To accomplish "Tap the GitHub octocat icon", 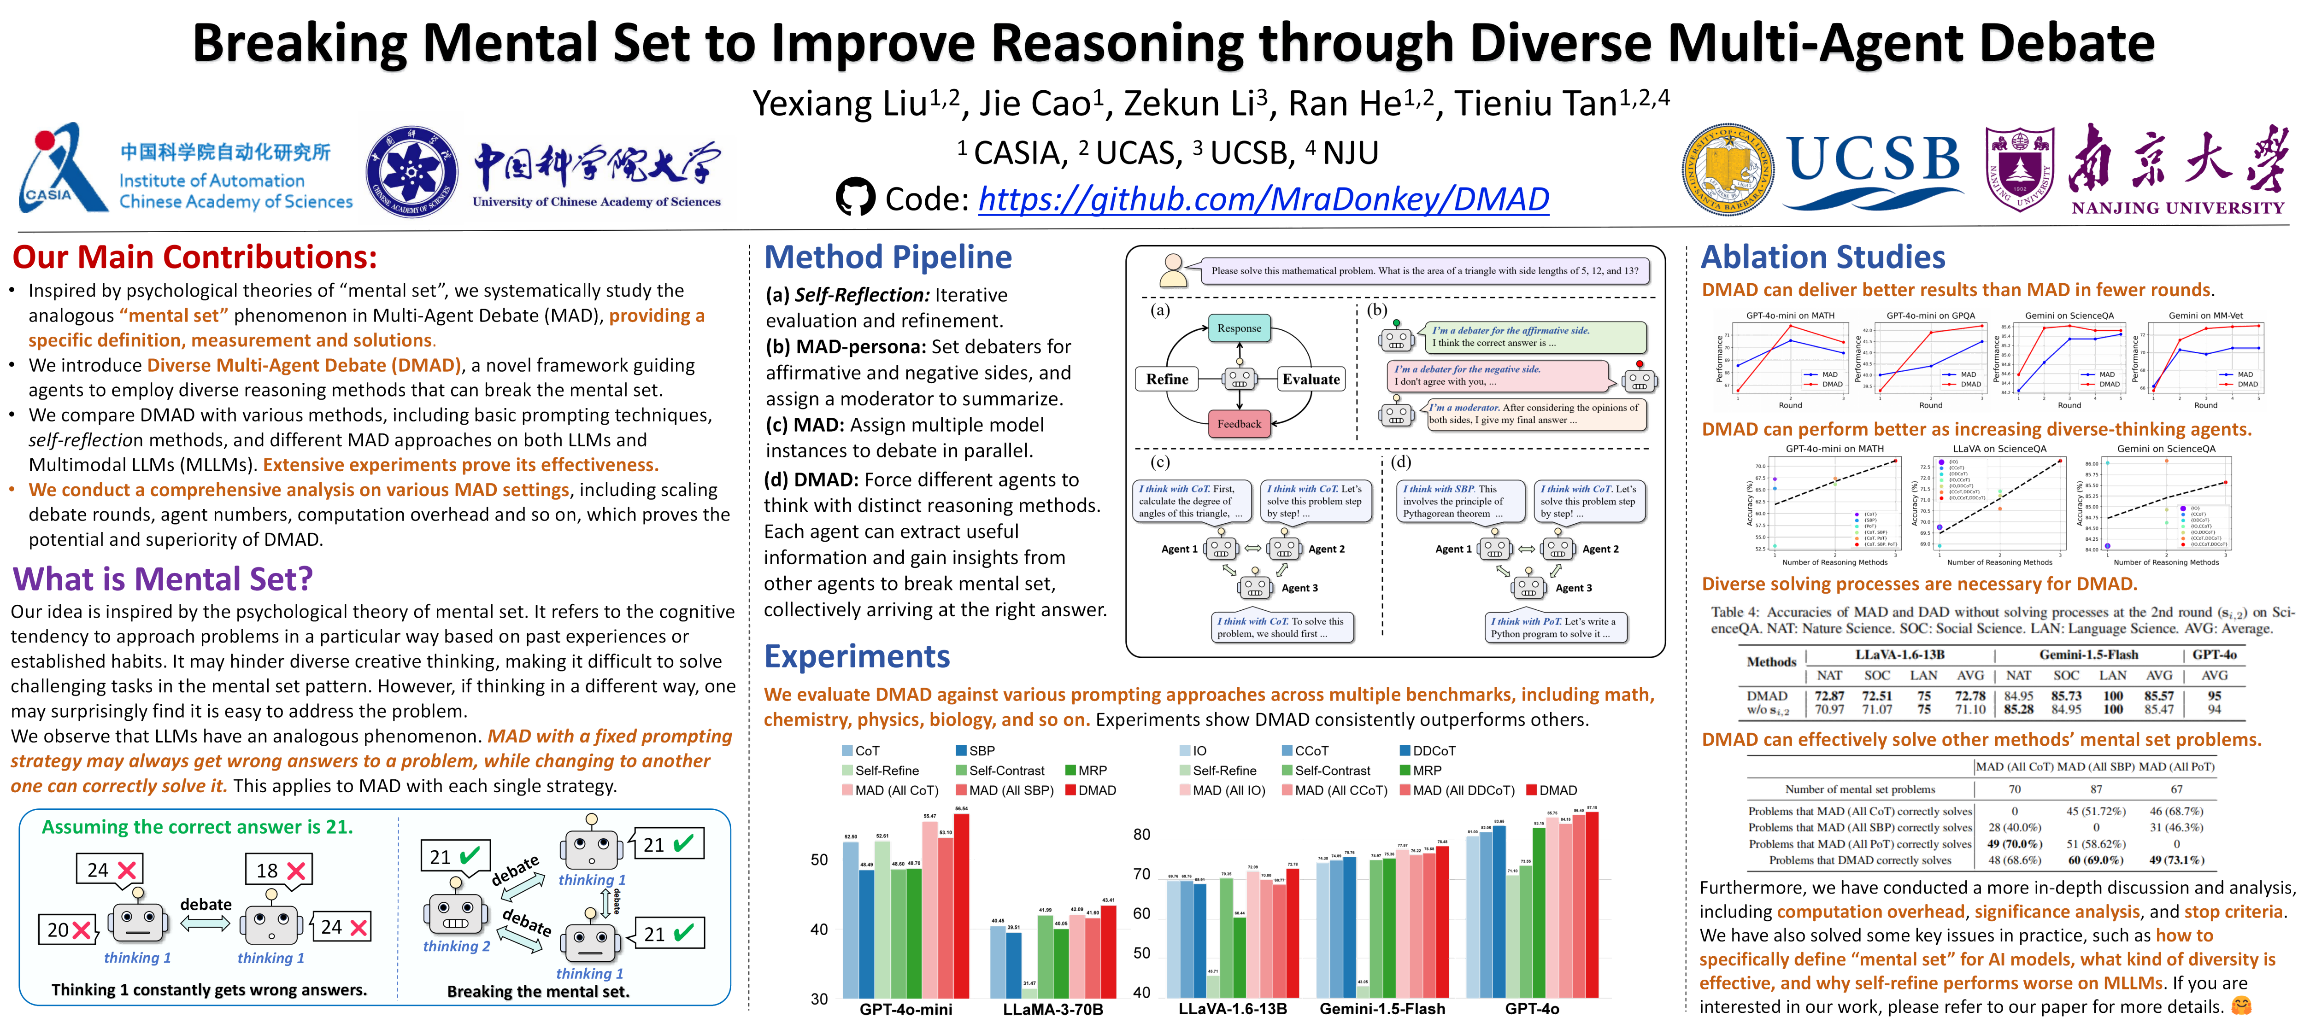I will (855, 198).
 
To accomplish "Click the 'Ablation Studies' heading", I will (1823, 257).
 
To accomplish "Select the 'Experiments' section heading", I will (857, 656).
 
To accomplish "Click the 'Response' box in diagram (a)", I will (1239, 328).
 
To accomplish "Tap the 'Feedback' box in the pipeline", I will (1239, 424).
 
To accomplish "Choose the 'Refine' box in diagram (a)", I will (1167, 379).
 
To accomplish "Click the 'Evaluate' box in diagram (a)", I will (1311, 379).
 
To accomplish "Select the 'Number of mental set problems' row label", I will (1859, 789).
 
